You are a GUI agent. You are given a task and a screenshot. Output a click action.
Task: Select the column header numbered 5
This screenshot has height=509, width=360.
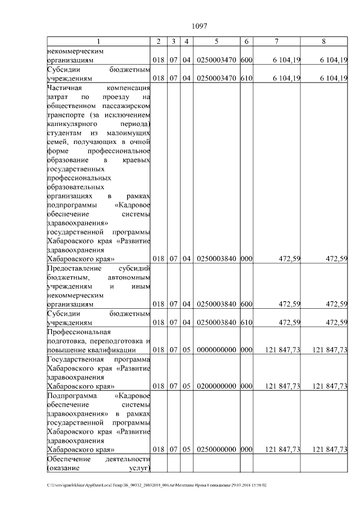[x=217, y=42]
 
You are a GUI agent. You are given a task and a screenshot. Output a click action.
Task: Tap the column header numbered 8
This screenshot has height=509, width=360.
[x=323, y=42]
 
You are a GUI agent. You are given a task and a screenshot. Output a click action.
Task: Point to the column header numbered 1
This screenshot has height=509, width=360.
[x=99, y=42]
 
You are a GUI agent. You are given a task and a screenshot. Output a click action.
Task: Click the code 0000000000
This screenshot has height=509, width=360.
[x=217, y=349]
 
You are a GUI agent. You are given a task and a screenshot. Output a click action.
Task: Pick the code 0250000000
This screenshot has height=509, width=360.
[x=217, y=449]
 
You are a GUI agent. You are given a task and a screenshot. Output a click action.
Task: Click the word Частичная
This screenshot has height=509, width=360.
[x=65, y=88]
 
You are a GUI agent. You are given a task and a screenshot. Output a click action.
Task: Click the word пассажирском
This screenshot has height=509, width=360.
[x=125, y=106]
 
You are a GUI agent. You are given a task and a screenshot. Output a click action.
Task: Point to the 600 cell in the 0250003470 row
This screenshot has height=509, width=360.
[x=246, y=60]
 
